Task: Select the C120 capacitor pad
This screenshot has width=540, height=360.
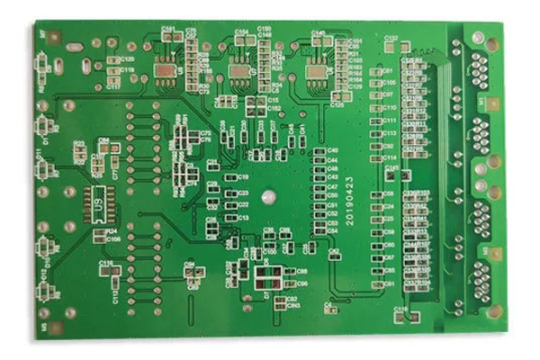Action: [114, 59]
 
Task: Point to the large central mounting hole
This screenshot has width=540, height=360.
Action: [267, 194]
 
